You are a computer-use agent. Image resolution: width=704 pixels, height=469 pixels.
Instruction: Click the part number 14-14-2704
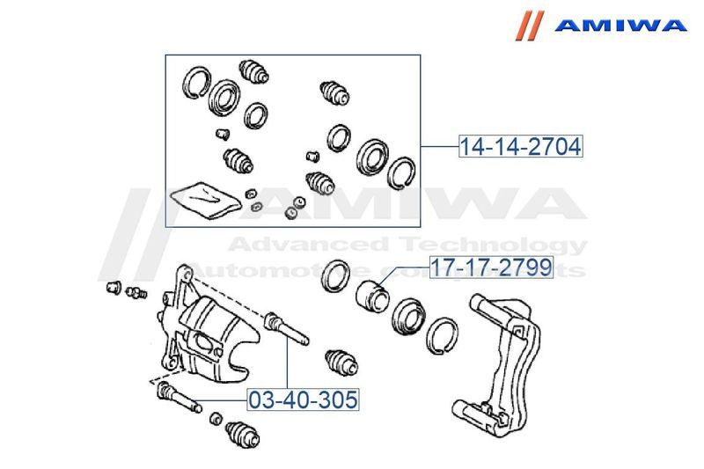pyautogui.click(x=521, y=146)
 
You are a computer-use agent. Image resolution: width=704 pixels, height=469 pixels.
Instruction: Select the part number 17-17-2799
pyautogui.click(x=491, y=267)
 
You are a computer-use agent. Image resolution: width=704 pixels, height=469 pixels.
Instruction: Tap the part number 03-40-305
pyautogui.click(x=304, y=399)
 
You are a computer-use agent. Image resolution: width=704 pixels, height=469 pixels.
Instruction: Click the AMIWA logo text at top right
pyautogui.click(x=620, y=25)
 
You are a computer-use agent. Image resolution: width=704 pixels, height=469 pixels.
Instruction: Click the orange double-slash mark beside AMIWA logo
pyautogui.click(x=530, y=26)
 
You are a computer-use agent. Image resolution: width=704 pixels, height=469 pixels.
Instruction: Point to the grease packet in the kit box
pyautogui.click(x=206, y=200)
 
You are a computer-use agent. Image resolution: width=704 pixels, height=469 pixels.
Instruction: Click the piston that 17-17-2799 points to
pyautogui.click(x=372, y=297)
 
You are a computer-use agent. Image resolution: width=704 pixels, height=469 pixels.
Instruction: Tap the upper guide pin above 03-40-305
pyautogui.click(x=287, y=328)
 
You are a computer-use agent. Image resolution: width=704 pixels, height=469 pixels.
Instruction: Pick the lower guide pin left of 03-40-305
pyautogui.click(x=179, y=397)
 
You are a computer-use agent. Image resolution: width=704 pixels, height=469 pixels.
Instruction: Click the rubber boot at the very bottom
pyautogui.click(x=243, y=435)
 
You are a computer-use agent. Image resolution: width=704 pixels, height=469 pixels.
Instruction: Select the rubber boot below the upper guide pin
pyautogui.click(x=341, y=363)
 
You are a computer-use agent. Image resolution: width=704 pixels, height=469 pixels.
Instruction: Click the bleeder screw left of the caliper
pyautogui.click(x=136, y=293)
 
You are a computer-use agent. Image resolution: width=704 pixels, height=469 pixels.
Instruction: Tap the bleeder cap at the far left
pyautogui.click(x=114, y=287)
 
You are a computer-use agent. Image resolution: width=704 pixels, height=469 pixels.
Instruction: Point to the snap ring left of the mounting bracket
pyautogui.click(x=442, y=336)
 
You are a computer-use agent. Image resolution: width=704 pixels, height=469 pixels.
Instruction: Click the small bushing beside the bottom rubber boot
pyautogui.click(x=216, y=418)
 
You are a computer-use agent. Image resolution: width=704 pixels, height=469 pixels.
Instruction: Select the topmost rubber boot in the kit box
pyautogui.click(x=254, y=72)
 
